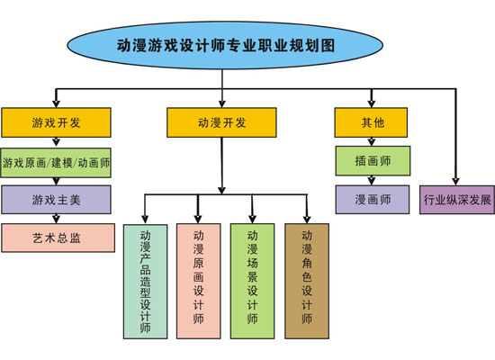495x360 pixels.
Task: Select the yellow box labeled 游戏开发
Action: pos(56,122)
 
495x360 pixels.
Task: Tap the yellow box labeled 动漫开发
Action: pos(220,122)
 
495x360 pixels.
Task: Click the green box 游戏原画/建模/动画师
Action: pos(56,163)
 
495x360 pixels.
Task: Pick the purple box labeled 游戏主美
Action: pos(56,200)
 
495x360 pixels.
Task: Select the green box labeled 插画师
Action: pos(372,161)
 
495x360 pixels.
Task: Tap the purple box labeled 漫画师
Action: pos(372,199)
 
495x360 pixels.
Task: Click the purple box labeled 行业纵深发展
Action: pos(456,199)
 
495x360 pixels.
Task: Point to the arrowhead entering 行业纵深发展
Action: pos(456,180)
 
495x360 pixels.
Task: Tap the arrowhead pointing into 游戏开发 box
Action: pos(56,103)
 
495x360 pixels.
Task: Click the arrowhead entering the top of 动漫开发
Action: pos(221,103)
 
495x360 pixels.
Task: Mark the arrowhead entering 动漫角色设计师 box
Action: pos(307,219)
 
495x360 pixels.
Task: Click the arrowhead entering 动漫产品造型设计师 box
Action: pos(145,219)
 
